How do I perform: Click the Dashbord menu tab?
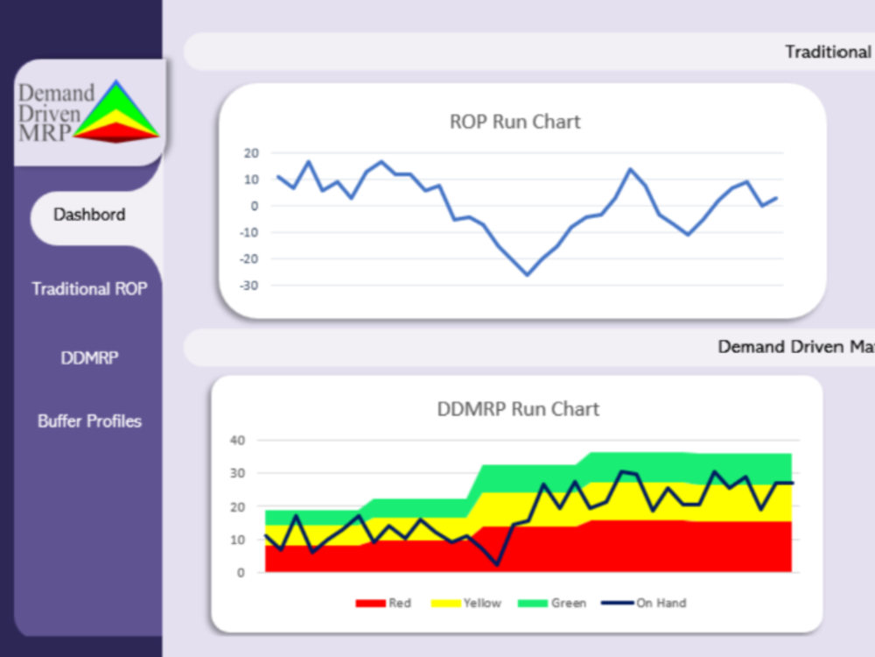click(x=89, y=215)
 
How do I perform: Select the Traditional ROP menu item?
click(x=89, y=289)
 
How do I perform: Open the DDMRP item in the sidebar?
click(x=89, y=357)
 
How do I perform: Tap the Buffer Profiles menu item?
click(x=89, y=421)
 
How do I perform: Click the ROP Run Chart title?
click(x=515, y=122)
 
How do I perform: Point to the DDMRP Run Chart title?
click(x=518, y=409)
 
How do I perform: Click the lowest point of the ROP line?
click(x=528, y=274)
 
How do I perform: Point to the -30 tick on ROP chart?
click(x=248, y=286)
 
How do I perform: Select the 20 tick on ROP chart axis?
click(x=252, y=153)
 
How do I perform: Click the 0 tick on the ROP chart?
click(x=255, y=206)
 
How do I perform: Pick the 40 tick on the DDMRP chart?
click(x=238, y=441)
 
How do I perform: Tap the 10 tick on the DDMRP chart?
click(x=238, y=540)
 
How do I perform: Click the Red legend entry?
click(x=383, y=604)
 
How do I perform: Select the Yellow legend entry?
click(x=466, y=604)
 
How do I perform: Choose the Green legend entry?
click(x=552, y=604)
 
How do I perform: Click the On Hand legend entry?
click(x=644, y=604)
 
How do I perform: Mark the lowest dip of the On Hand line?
click(x=497, y=565)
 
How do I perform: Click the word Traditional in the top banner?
click(x=828, y=52)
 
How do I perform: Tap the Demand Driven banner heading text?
click(x=796, y=347)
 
